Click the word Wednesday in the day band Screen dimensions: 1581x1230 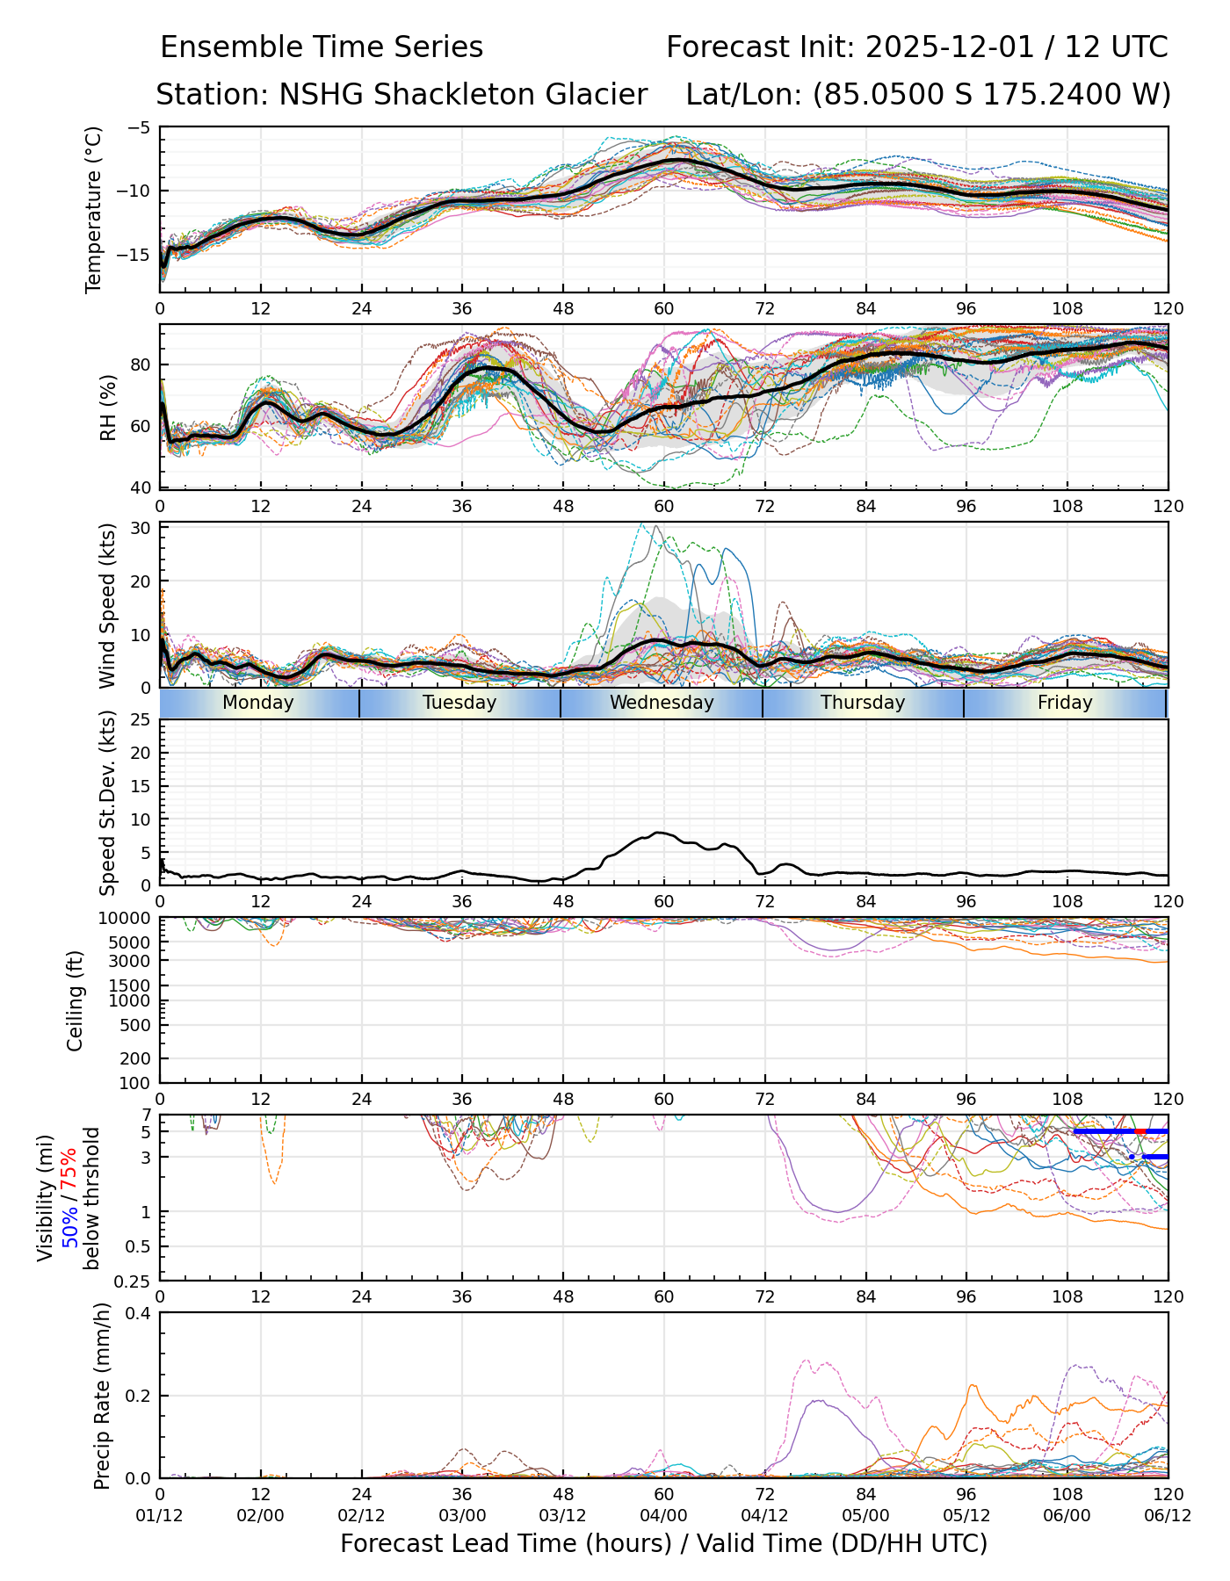(662, 703)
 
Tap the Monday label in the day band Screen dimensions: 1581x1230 (257, 703)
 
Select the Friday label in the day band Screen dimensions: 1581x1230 (1065, 703)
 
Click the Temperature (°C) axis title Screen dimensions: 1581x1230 (94, 209)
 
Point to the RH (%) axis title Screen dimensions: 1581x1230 (108, 408)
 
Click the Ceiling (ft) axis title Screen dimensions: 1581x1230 (76, 1000)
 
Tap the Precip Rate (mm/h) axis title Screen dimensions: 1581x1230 (103, 1396)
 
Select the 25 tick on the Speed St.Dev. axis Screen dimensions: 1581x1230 (141, 720)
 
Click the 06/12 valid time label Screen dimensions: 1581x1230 (1168, 1516)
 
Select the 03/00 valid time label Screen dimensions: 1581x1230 (462, 1516)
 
